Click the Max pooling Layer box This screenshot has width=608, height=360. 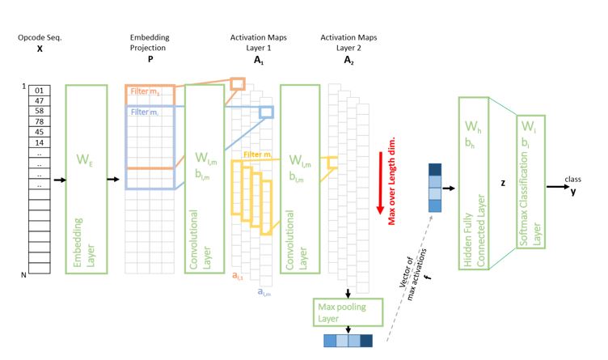(347, 311)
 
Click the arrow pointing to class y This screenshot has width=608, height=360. (557, 187)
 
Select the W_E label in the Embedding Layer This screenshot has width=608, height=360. (85, 161)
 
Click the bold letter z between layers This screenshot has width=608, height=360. (503, 183)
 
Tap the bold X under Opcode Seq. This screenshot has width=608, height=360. (39, 49)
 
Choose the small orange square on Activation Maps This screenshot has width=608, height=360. (237, 83)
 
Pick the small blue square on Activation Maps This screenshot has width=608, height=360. (266, 112)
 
